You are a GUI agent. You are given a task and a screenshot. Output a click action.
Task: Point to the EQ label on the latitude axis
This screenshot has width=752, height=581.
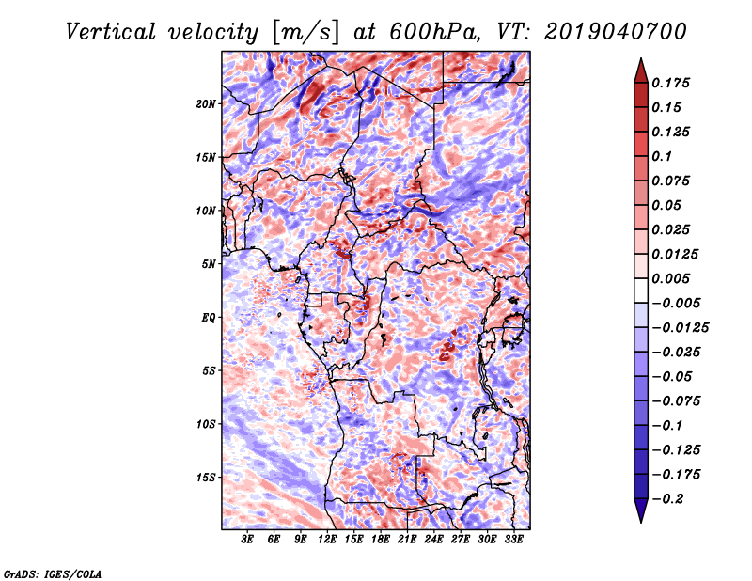(209, 317)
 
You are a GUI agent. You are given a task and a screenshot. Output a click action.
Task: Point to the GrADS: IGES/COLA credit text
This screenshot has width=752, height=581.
(52, 573)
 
